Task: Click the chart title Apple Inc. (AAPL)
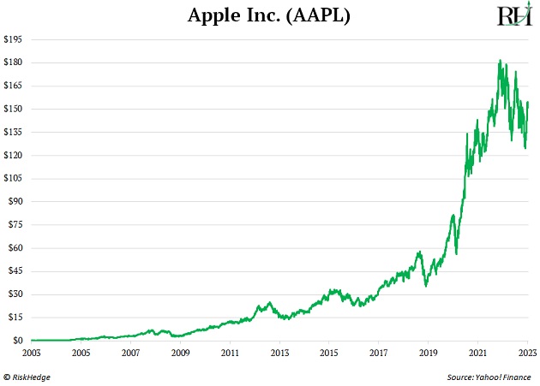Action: tap(270, 16)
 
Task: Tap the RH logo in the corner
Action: tap(512, 15)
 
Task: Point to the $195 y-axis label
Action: tap(13, 39)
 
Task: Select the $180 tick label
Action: tap(13, 62)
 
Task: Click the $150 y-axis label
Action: tap(13, 109)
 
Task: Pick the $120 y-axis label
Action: tap(13, 155)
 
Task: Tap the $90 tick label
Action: tap(15, 201)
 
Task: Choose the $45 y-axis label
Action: tap(15, 270)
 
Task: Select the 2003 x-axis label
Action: tap(31, 351)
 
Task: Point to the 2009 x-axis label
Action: tap(180, 351)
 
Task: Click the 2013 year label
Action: tap(279, 351)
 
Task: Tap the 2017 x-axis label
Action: tap(379, 351)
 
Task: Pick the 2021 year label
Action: tap(477, 351)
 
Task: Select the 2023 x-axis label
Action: tap(527, 351)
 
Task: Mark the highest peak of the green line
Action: tap(500, 61)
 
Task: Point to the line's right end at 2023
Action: tap(528, 103)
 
